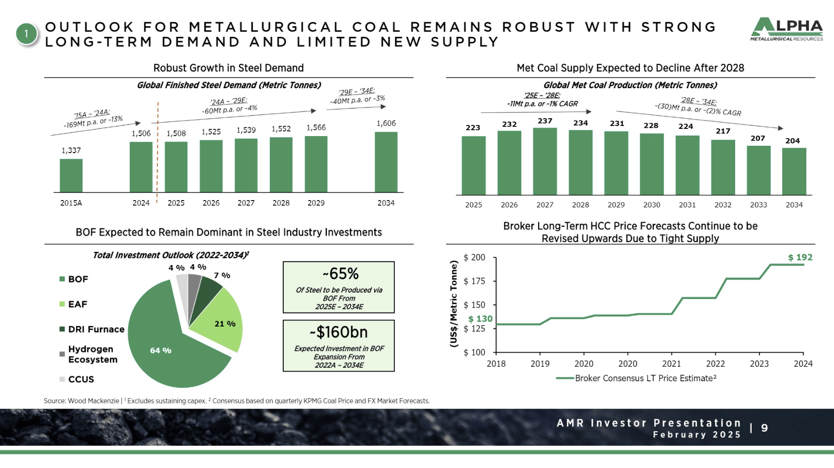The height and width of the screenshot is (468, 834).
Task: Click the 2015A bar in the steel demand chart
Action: (x=71, y=175)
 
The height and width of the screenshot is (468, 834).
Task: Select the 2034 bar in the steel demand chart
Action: (x=386, y=162)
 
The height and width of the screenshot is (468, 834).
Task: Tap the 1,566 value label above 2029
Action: (x=316, y=128)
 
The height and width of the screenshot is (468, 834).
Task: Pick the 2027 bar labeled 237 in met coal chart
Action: (x=545, y=161)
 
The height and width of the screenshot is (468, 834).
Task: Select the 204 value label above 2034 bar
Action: (x=792, y=141)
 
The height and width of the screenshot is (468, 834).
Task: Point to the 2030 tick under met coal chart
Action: (x=651, y=205)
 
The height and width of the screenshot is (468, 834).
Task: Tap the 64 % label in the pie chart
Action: (x=161, y=350)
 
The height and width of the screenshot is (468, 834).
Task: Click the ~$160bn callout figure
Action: (x=339, y=332)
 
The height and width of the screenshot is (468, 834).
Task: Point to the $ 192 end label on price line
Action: (x=800, y=258)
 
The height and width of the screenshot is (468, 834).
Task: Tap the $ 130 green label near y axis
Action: (x=480, y=319)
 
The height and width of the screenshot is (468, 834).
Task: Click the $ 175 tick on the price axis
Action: (x=474, y=281)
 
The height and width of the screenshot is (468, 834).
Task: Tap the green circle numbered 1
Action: (x=26, y=34)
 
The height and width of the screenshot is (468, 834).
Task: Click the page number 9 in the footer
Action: (x=764, y=428)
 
